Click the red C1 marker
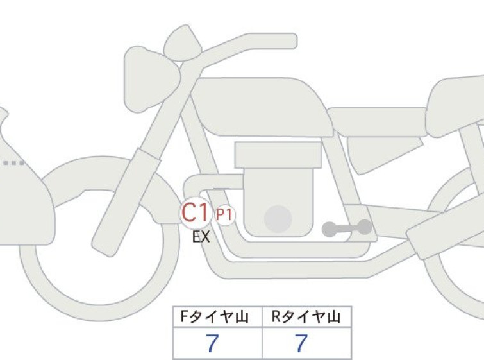pos(195,212)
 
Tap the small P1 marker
pos(224,215)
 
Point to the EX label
pos(201,237)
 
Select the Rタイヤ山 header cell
pos(307,317)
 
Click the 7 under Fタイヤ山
pos(212,343)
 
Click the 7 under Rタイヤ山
pos(301,343)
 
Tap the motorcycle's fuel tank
pos(262,107)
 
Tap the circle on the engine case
pos(278,219)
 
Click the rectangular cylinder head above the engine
pos(278,155)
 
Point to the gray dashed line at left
pos(13,163)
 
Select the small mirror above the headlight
pos(183,43)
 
